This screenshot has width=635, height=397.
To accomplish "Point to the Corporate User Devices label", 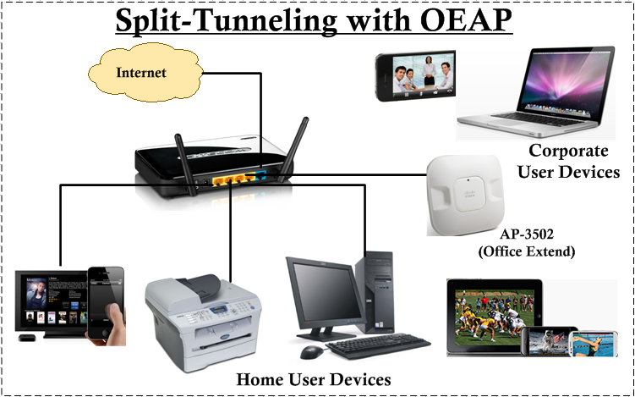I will tap(568, 162).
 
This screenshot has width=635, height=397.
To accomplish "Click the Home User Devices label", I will tap(313, 378).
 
